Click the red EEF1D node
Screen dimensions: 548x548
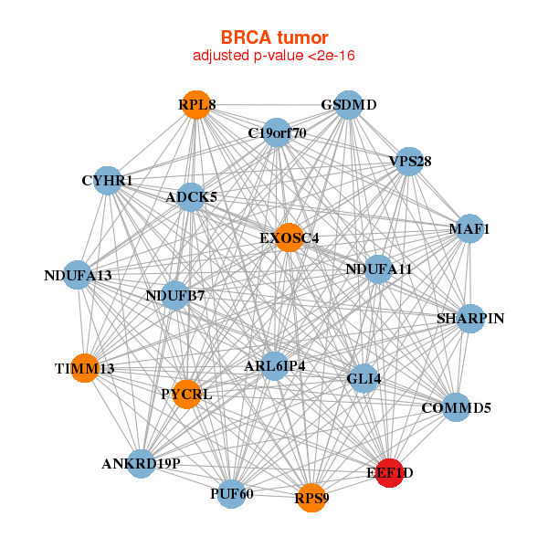point(389,472)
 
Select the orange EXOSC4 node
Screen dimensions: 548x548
point(289,237)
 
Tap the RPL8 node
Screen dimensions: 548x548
point(197,105)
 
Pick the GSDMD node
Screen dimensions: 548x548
point(349,105)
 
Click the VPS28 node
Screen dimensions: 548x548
point(409,162)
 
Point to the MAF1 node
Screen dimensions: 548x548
point(469,228)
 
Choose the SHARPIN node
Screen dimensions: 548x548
point(470,319)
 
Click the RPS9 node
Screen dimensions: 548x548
point(311,498)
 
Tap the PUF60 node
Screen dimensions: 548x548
point(231,493)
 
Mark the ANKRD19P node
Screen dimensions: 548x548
point(142,463)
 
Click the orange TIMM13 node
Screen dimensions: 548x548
point(84,368)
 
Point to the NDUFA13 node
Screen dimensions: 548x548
point(78,275)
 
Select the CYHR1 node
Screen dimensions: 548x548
point(108,181)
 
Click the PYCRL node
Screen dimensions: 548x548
point(186,395)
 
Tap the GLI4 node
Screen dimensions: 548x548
point(364,378)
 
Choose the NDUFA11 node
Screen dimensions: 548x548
point(379,269)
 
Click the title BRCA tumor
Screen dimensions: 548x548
point(274,37)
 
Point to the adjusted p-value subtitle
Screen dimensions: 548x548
point(274,56)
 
